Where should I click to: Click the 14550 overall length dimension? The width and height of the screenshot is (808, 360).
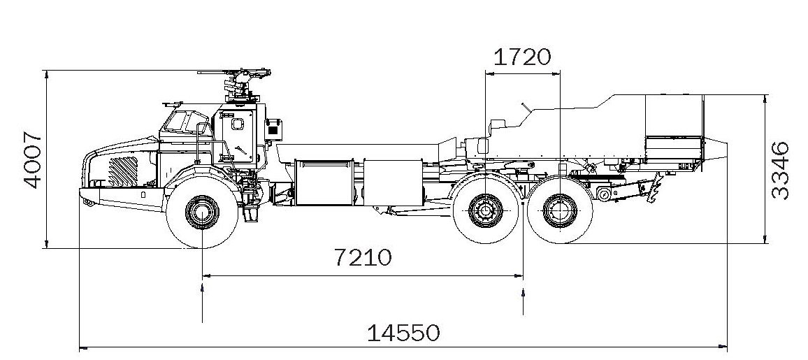pyautogui.click(x=404, y=332)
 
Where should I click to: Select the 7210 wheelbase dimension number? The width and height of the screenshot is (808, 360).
pyautogui.click(x=363, y=258)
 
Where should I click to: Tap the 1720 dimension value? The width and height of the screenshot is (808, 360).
pyautogui.click(x=523, y=56)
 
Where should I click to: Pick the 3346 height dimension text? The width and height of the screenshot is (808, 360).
pyautogui.click(x=781, y=170)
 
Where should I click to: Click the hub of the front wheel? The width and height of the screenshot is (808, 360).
pyautogui.click(x=201, y=210)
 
